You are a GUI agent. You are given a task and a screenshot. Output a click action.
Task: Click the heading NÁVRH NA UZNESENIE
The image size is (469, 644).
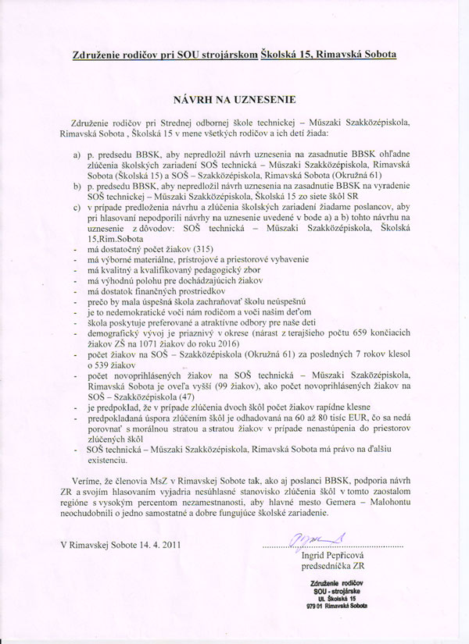pos(233,101)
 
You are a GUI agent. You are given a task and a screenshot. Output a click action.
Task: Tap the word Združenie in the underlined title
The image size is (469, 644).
pos(98,54)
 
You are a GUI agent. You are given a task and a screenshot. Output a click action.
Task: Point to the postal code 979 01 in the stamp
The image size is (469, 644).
pos(316,606)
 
